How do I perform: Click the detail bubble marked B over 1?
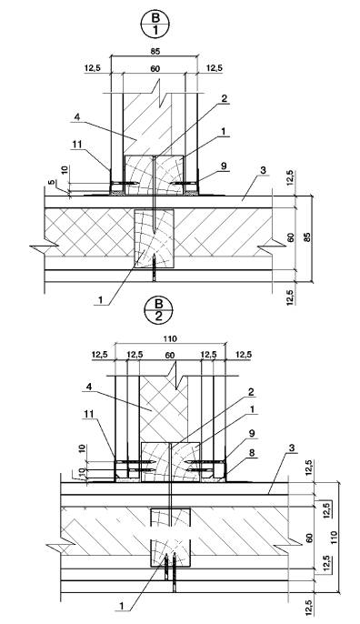(x=155, y=24)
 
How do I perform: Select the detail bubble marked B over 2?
(x=159, y=310)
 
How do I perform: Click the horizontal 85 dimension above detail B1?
(x=155, y=51)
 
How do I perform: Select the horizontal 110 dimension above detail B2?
(x=170, y=338)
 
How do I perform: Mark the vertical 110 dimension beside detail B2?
(x=334, y=538)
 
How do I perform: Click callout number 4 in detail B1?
(x=77, y=118)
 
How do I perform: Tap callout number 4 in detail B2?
(x=90, y=386)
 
